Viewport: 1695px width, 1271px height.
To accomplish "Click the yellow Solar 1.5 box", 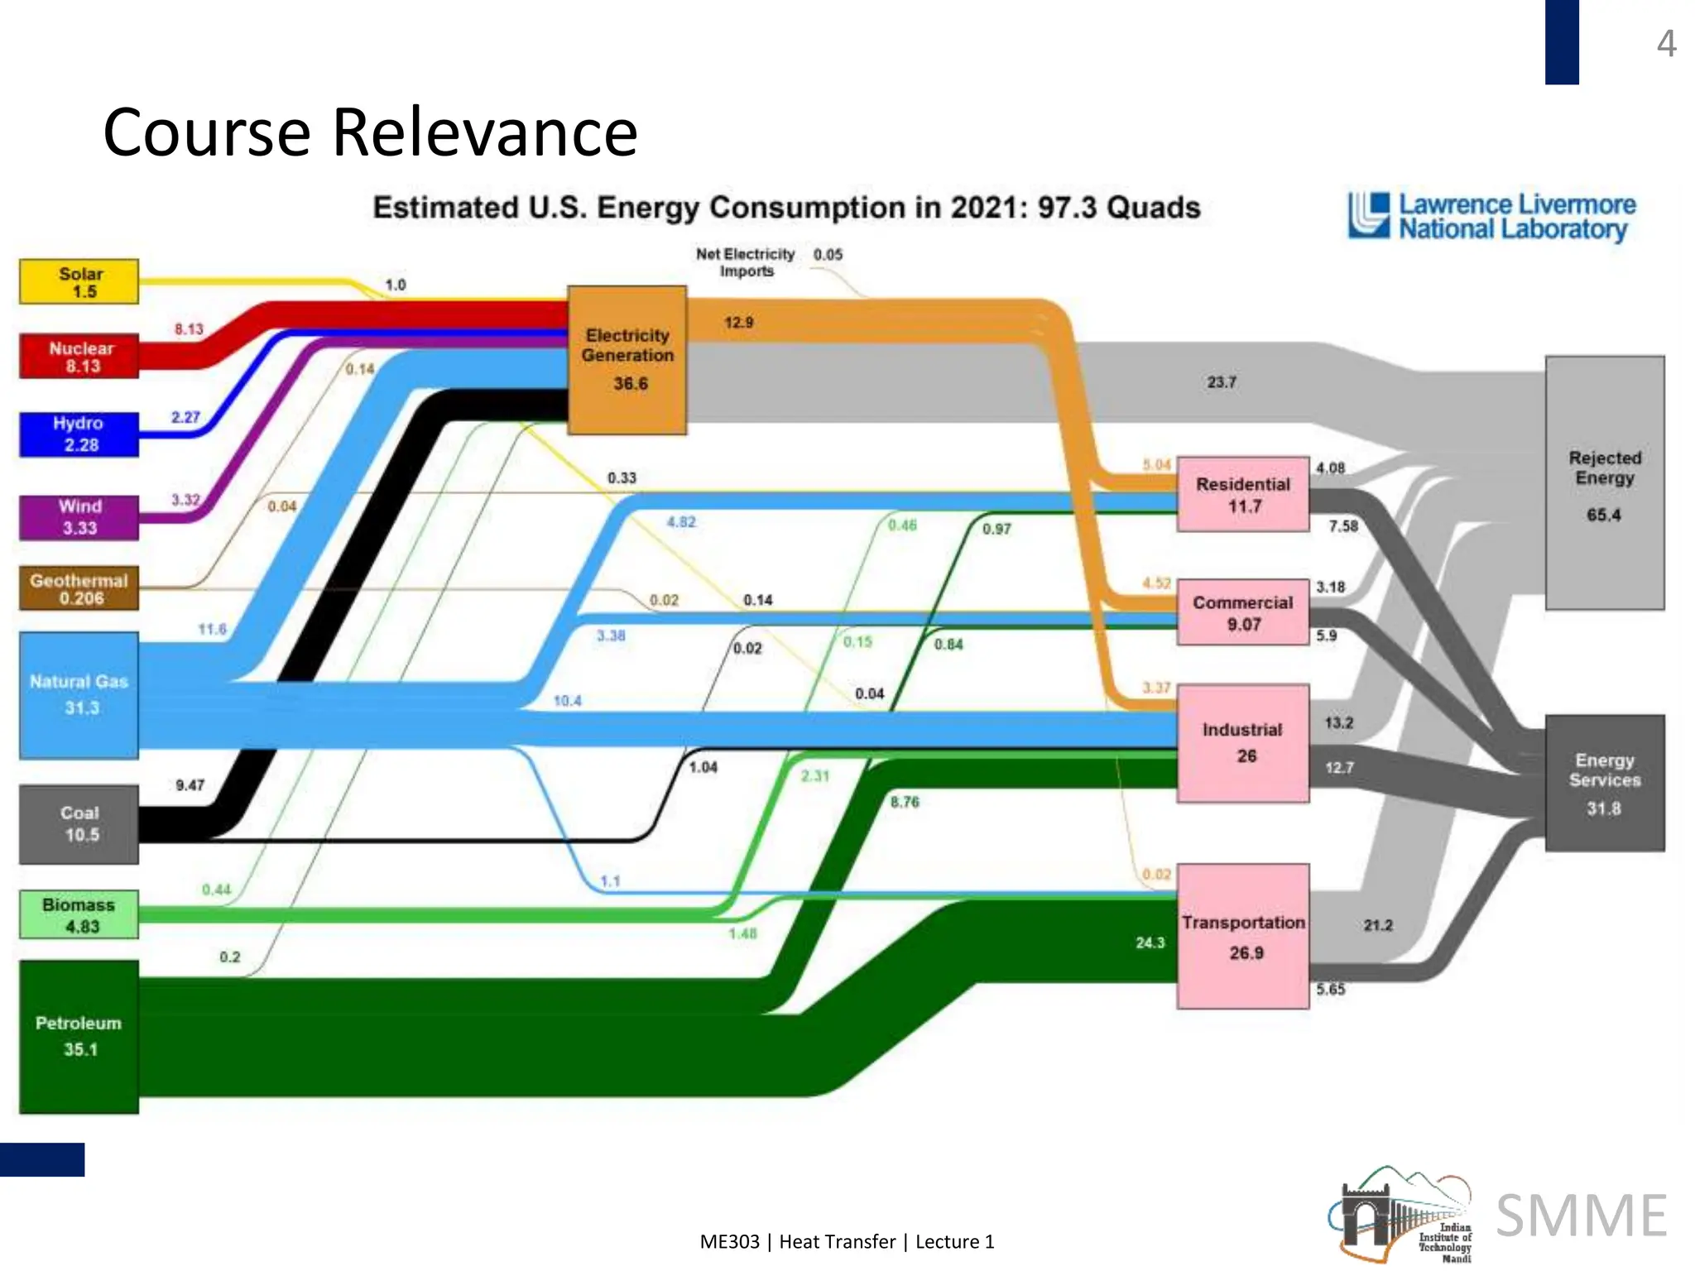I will (x=79, y=282).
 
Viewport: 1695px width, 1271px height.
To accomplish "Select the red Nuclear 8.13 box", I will (x=79, y=357).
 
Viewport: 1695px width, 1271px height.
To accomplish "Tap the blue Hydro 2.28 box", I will (x=79, y=434).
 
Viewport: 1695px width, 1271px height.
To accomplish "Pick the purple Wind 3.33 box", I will (x=79, y=517).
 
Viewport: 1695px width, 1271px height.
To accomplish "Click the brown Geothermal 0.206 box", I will (x=79, y=588).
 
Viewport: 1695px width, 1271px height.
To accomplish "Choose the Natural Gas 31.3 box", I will (x=79, y=695).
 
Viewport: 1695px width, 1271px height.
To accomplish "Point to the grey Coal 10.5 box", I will (x=79, y=824).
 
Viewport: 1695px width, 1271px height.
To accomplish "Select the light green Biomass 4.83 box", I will (x=79, y=915).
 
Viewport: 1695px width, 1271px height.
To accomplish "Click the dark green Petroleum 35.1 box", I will (x=79, y=1036).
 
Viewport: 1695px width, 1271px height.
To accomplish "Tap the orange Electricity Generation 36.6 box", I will (x=627, y=360).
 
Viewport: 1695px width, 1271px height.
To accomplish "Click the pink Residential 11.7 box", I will (x=1243, y=495).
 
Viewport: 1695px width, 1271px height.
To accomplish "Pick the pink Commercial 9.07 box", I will (x=1243, y=613).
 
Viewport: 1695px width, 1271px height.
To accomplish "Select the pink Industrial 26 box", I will (x=1243, y=743).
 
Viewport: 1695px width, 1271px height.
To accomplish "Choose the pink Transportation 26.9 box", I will (x=1243, y=937).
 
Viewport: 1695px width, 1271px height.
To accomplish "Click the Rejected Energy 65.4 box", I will (x=1605, y=484).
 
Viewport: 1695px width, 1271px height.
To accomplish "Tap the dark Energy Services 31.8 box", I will (x=1605, y=783).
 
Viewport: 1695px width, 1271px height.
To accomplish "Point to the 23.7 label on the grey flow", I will (x=1222, y=382).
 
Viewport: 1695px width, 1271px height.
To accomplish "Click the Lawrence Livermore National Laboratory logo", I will (x=1492, y=217).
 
